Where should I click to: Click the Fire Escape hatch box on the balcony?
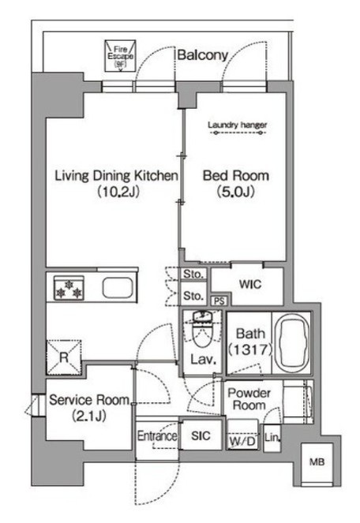[x=120, y=56]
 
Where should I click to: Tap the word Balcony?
[x=202, y=55]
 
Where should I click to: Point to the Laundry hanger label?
[x=238, y=125]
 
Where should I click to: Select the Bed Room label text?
[x=236, y=176]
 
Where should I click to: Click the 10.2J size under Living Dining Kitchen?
[x=118, y=192]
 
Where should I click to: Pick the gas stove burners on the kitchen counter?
[x=69, y=288]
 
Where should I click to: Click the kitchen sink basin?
[x=118, y=287]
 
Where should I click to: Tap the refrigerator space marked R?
[x=64, y=357]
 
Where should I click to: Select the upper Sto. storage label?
[x=193, y=275]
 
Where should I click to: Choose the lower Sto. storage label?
[x=193, y=296]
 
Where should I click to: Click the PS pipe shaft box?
[x=219, y=301]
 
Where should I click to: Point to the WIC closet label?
[x=250, y=285]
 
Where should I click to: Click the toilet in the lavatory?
[x=202, y=328]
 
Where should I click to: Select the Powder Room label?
[x=249, y=399]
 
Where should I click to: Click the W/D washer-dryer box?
[x=242, y=435]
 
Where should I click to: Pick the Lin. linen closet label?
[x=272, y=438]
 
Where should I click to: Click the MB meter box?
[x=317, y=462]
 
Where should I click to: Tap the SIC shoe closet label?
[x=201, y=435]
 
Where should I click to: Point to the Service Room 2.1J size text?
[x=89, y=416]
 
